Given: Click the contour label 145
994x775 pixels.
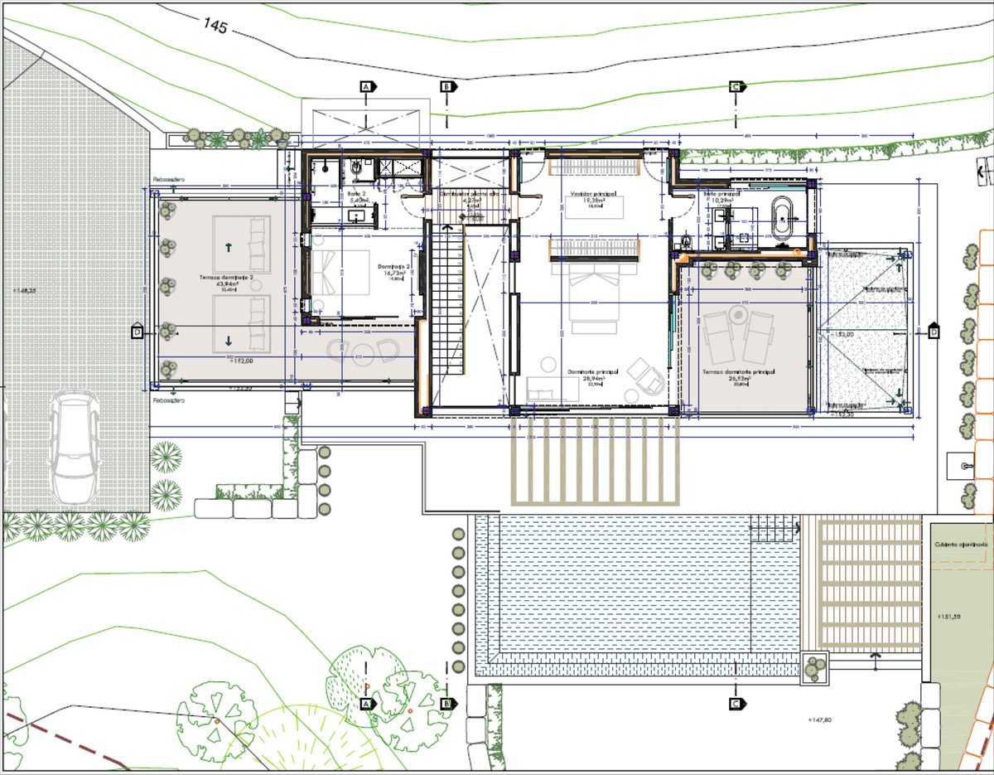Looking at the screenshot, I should tap(216, 25).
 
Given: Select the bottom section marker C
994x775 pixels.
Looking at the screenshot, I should tap(736, 704).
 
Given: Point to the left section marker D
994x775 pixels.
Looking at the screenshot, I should tap(138, 332).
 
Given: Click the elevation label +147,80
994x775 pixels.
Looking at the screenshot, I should tap(817, 721).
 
